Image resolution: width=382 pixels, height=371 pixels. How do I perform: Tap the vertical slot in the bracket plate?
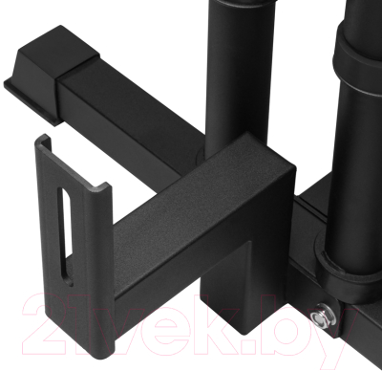65,235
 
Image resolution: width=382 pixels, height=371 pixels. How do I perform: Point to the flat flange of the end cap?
31,99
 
